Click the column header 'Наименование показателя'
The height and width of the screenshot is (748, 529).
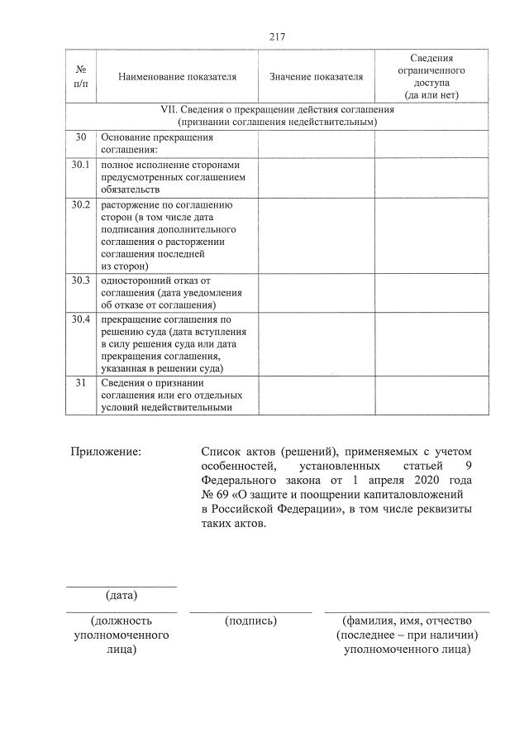pos(177,77)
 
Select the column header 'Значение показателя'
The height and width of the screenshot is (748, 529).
pos(316,77)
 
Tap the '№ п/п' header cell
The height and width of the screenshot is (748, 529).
pos(81,77)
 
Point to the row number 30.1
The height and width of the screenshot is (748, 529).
pos(81,165)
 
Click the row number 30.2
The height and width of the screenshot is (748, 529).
pos(81,204)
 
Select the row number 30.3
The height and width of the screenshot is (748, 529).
pos(81,280)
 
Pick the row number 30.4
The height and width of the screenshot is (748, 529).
pos(81,319)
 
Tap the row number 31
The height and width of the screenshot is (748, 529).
pos(81,383)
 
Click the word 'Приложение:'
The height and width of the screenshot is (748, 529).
pos(105,452)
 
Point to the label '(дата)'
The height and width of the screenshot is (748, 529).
pos(122,596)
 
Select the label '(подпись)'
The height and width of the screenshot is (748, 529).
pos(250,620)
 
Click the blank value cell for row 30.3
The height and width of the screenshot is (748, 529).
pos(316,293)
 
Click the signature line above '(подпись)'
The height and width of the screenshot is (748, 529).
pos(250,611)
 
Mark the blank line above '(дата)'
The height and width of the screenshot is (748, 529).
pos(122,587)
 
